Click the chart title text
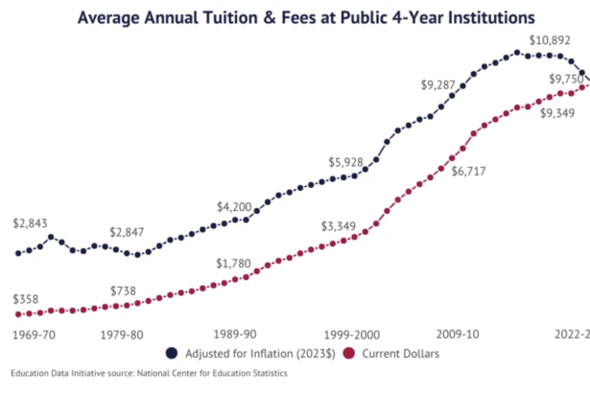[x=294, y=17]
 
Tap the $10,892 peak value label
[x=552, y=40]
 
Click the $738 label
[x=123, y=290]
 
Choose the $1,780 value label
[x=233, y=264]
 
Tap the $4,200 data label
[x=234, y=207]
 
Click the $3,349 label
[x=339, y=227]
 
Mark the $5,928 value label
[x=346, y=162]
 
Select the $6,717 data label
[x=458, y=171]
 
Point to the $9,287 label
[x=440, y=84]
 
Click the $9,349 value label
[x=558, y=113]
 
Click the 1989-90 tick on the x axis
[x=234, y=335]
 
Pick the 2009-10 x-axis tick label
[x=457, y=335]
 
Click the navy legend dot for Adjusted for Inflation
[x=172, y=353]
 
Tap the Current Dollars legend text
[x=397, y=353]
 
